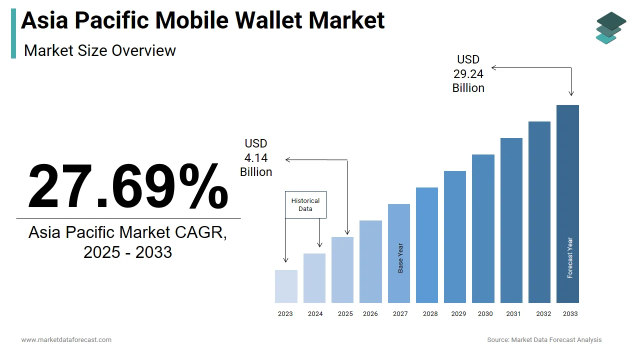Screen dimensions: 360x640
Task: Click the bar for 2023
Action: coord(286,286)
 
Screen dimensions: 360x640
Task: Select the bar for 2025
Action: coord(342,270)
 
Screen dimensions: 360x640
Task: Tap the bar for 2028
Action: coord(427,245)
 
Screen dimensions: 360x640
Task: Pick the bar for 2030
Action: coord(483,228)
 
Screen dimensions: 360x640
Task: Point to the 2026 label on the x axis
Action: coord(370,314)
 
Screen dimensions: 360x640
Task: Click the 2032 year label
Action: coord(543,314)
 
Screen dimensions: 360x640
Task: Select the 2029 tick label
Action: coord(458,314)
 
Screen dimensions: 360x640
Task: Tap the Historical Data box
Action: coord(305,204)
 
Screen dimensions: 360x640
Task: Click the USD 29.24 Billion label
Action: coord(468,74)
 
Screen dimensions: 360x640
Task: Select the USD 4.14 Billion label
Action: coord(256,158)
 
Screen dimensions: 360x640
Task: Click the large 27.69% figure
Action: coord(128,186)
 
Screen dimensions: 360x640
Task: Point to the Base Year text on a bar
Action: coord(400,258)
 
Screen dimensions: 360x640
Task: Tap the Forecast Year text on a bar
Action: coord(570,257)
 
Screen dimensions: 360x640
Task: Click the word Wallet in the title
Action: coord(269,20)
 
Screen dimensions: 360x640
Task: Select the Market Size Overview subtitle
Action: coord(100,50)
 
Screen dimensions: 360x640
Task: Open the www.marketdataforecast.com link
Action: coord(66,340)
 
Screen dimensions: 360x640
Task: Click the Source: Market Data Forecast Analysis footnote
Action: coord(544,340)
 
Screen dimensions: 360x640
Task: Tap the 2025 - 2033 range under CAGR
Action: coord(128,252)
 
